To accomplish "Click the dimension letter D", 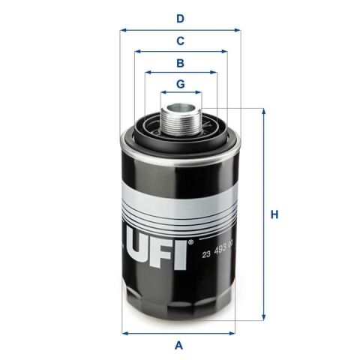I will click(180, 18).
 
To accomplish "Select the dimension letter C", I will click(180, 40).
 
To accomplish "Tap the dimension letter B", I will click(180, 63).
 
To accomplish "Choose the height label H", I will click(274, 215).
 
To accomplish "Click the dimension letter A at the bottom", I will click(178, 345).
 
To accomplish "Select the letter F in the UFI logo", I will click(166, 250).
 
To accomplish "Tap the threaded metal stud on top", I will click(180, 112).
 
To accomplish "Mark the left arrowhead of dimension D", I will click(123, 30).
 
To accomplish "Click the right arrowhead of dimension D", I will click(238, 30).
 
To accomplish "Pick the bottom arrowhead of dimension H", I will click(264, 317).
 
